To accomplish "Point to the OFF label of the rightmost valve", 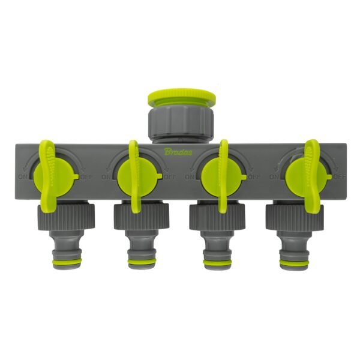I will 340,177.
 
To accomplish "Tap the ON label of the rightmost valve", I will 275,177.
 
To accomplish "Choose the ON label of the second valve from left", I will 106,177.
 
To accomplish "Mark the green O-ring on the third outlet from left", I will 218,263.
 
